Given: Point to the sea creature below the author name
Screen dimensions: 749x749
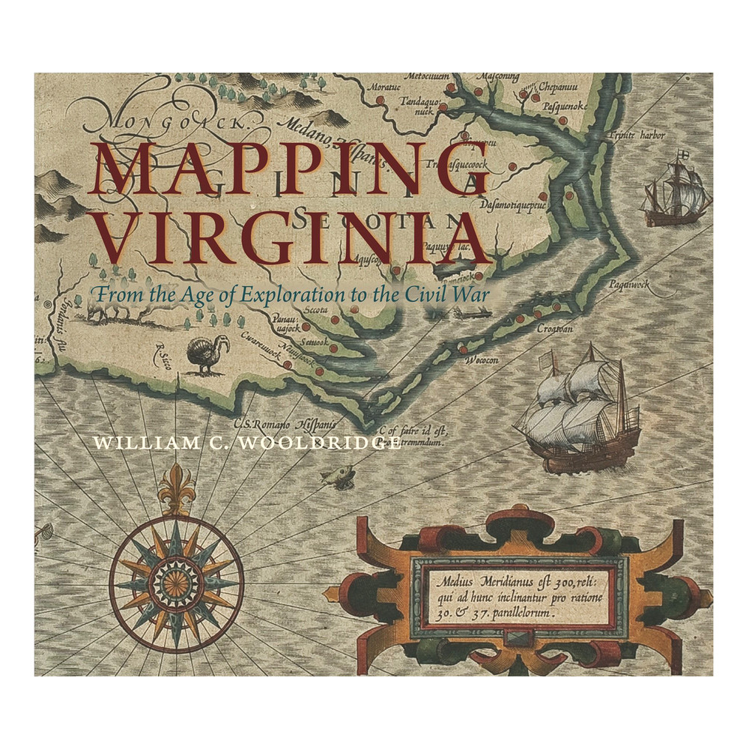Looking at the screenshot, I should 338,475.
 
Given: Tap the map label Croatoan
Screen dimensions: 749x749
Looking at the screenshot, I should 554,327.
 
